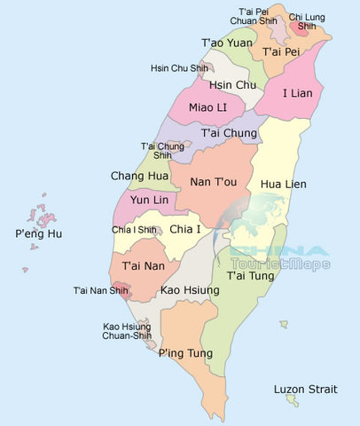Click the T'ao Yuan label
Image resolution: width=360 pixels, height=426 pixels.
tap(226, 43)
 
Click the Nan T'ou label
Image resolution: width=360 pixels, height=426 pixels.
tap(214, 182)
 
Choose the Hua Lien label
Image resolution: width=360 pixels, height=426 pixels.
tap(283, 184)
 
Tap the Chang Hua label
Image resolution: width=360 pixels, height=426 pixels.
tap(139, 177)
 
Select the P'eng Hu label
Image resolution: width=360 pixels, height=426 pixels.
tap(39, 234)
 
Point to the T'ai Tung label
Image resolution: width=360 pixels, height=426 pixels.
tap(249, 276)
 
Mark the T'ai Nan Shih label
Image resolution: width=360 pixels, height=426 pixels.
tap(99, 290)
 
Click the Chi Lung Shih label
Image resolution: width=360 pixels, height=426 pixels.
tap(307, 21)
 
